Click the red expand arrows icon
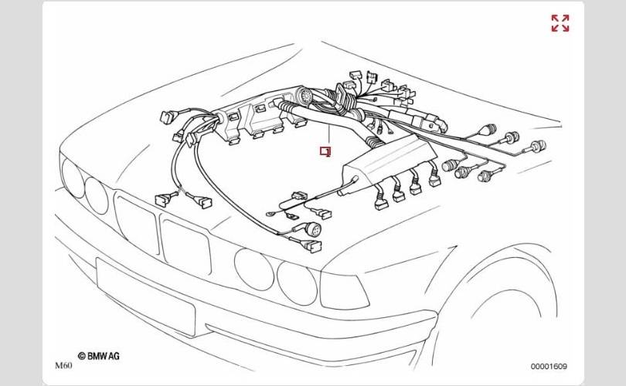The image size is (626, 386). [x=560, y=23]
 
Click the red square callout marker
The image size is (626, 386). [x=325, y=151]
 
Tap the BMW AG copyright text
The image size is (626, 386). [x=99, y=356]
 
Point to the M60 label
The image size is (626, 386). [x=63, y=366]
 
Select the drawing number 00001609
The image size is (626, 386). [x=549, y=367]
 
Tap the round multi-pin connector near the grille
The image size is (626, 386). [x=311, y=230]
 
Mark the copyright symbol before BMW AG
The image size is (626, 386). [x=81, y=356]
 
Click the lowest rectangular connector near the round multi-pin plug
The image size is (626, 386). [x=311, y=246]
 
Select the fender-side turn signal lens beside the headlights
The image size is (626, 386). [x=343, y=291]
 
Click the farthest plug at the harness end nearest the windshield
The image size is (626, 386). [x=538, y=146]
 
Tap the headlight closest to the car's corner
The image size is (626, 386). [x=73, y=177]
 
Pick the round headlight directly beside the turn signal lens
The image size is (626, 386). [x=297, y=283]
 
